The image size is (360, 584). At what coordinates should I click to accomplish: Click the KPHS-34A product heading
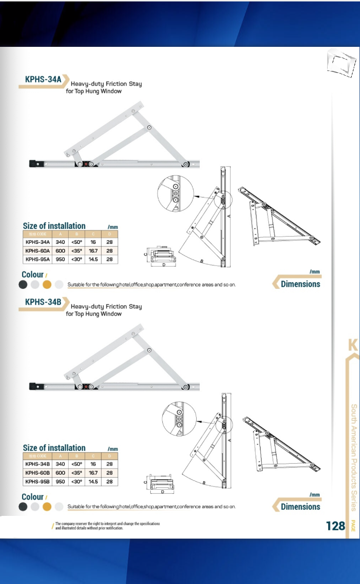pos(43,79)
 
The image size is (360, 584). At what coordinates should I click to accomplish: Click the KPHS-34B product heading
pos(43,302)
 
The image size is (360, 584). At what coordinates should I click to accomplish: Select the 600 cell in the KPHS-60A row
pos(60,251)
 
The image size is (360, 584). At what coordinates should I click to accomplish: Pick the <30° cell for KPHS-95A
pos(77,259)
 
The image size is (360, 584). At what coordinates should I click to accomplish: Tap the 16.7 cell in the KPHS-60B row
pos(93,473)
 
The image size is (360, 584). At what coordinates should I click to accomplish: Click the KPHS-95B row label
pos(38,482)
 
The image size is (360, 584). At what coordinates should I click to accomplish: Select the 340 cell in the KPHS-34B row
pos(60,464)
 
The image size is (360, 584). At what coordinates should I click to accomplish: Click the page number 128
pos(335,526)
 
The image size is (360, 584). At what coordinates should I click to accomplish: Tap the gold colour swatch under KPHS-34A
pos(47,285)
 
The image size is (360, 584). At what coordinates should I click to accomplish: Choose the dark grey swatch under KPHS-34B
pos(23,507)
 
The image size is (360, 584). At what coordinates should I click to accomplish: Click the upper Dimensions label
pos(300,284)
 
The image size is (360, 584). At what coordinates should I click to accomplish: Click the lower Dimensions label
pos(300,507)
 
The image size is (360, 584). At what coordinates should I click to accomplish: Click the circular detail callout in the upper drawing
pos(175,195)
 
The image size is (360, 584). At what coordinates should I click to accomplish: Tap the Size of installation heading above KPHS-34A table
pos(54,226)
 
